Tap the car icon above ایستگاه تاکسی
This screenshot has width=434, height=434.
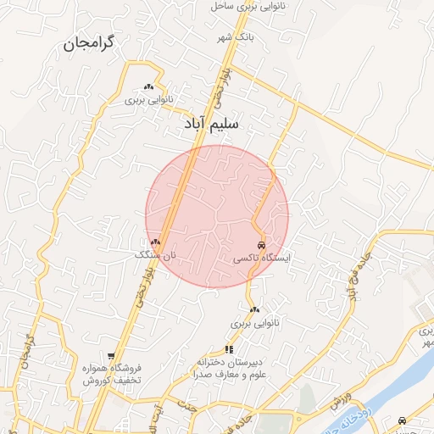(259, 244)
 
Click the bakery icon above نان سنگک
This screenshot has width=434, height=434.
(155, 242)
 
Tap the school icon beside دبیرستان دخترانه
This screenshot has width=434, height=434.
(229, 349)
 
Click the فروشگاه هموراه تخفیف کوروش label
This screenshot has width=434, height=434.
(111, 375)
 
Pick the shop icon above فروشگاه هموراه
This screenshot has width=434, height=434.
(111, 356)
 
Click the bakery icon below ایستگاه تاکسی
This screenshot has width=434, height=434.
(255, 309)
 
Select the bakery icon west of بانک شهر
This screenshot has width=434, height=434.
(149, 86)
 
